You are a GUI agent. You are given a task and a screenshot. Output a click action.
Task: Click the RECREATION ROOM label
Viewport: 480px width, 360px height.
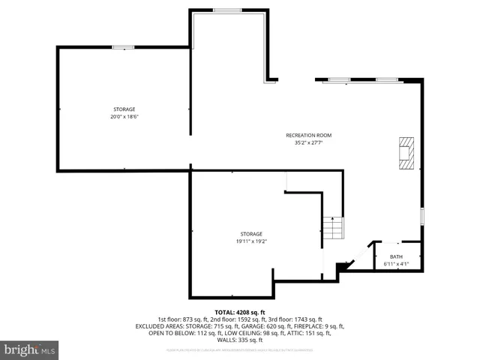tap(308, 135)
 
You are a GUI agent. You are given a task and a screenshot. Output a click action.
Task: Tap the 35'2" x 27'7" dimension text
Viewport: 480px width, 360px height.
tap(308, 142)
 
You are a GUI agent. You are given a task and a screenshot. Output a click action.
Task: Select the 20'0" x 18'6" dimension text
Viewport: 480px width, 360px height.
tap(124, 116)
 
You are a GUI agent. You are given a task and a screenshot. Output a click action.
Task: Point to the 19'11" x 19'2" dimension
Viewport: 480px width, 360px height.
tap(251, 241)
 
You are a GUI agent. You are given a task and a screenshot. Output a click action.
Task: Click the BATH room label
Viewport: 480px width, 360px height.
tap(395, 256)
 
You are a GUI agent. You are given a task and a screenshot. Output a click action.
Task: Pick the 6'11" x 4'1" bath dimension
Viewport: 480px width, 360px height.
tap(395, 263)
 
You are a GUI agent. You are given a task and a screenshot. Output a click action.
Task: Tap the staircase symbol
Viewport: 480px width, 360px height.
tap(332, 226)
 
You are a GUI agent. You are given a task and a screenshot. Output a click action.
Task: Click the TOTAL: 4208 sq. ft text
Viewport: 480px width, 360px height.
tap(240, 312)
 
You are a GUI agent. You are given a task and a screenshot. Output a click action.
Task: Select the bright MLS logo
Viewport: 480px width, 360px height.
tap(30, 350)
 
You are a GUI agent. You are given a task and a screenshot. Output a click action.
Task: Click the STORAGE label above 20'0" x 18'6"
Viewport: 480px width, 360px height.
tap(124, 109)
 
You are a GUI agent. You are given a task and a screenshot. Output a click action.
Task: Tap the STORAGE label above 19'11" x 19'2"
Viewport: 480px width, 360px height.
tap(251, 234)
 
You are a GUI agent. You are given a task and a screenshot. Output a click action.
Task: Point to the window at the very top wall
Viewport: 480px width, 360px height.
tap(226, 10)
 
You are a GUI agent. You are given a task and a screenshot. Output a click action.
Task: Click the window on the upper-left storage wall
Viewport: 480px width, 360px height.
tap(123, 48)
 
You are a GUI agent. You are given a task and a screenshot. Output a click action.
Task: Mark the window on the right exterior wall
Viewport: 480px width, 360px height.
tap(422, 217)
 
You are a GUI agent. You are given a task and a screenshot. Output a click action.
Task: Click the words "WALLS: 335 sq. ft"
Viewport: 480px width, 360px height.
tap(240, 340)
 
